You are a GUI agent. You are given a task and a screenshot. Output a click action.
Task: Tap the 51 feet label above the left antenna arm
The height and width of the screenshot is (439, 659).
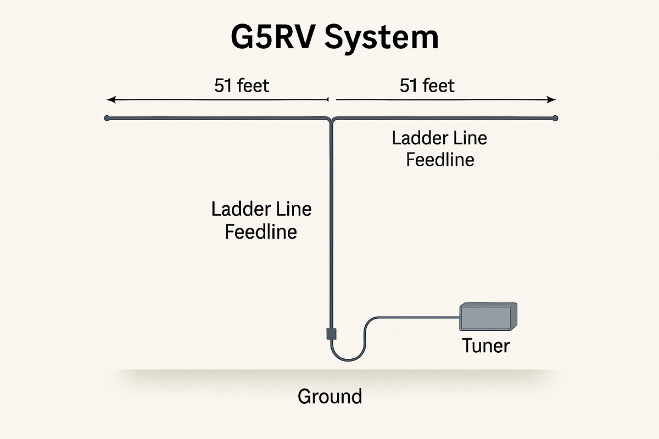click(242, 86)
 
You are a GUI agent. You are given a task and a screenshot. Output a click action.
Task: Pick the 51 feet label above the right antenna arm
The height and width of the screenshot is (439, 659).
click(427, 86)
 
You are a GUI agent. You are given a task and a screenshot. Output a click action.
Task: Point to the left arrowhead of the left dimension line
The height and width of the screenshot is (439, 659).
click(110, 100)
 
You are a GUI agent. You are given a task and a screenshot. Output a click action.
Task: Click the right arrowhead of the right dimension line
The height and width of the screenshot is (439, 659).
click(553, 100)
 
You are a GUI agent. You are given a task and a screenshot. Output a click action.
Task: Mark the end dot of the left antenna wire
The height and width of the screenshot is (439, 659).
click(107, 118)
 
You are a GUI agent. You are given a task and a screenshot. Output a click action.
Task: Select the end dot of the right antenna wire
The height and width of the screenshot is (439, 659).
click(555, 118)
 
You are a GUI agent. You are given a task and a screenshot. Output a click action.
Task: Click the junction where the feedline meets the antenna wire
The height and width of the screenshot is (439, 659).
click(332, 119)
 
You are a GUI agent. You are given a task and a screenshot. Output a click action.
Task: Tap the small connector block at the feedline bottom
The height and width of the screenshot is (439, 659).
click(331, 333)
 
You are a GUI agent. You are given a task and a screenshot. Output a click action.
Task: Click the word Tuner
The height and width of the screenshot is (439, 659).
click(486, 346)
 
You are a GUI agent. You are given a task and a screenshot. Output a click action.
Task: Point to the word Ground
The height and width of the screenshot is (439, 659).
click(329, 396)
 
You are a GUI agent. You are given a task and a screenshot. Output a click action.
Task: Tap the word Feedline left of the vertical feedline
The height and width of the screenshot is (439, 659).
click(261, 231)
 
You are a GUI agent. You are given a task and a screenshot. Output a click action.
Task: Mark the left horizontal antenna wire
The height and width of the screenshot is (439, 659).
click(220, 118)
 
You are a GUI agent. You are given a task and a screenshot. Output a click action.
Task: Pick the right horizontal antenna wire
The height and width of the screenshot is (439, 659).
click(445, 118)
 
